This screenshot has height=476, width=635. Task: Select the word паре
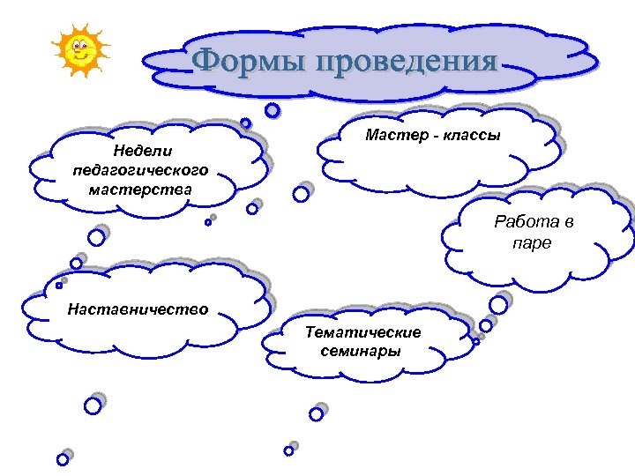pos(532,243)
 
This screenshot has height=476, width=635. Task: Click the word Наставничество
pos(138,309)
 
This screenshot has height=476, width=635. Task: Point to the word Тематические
pos(362,331)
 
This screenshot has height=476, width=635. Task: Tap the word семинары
pos(362,350)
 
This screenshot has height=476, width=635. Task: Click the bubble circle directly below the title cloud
pos(273,110)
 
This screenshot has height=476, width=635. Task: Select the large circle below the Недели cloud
pos(95,237)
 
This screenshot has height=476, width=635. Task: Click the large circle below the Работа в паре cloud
pos(498,304)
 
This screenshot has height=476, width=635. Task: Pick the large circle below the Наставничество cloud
pos(92,405)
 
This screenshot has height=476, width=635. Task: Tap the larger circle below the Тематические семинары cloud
pos(316,413)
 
